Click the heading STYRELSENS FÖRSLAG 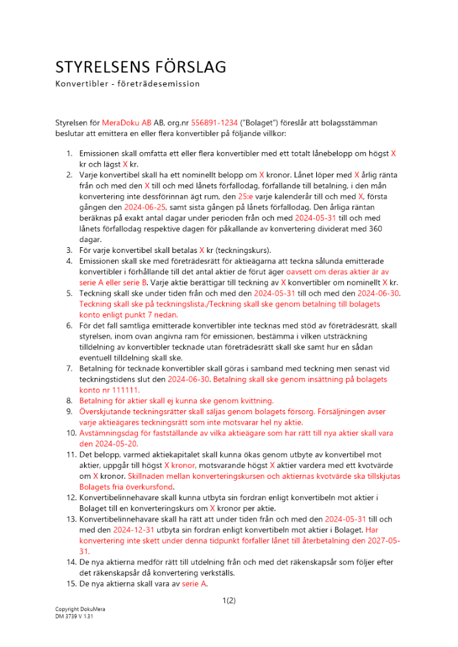tap(141, 68)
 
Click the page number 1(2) tap(229, 600)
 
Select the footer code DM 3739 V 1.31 tap(74, 617)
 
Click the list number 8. tap(70, 400)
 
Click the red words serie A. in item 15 tap(195, 584)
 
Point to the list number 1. tap(70, 154)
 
